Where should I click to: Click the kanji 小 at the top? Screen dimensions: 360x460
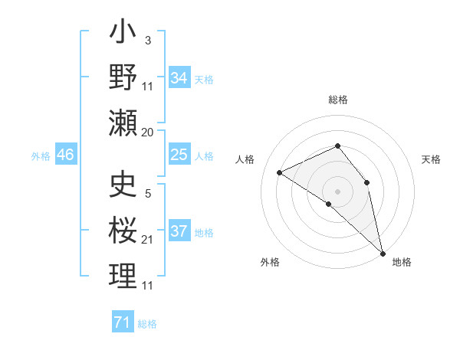(x=123, y=35)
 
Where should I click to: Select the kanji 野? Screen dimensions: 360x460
(x=123, y=77)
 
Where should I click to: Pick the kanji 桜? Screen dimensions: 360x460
(x=123, y=231)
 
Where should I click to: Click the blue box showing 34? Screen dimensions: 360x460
(x=179, y=78)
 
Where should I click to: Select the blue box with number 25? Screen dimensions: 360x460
(x=179, y=155)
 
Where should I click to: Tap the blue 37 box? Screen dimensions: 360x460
(x=179, y=231)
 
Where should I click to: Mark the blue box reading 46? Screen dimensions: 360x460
(x=65, y=155)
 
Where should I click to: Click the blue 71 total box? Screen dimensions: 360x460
(x=122, y=322)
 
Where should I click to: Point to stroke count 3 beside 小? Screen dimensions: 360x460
(x=148, y=41)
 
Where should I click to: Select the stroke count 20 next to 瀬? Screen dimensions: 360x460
(x=148, y=133)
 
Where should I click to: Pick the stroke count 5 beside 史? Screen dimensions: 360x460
(x=148, y=194)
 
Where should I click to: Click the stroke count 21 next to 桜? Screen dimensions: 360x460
(x=148, y=241)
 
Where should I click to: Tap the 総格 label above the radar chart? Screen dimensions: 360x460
(x=337, y=100)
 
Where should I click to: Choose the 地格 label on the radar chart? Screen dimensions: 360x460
(x=402, y=262)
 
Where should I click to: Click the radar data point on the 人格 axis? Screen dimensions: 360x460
(x=280, y=173)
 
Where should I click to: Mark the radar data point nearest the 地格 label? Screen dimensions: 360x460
(x=382, y=253)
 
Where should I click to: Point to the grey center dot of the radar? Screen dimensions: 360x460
(x=337, y=191)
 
